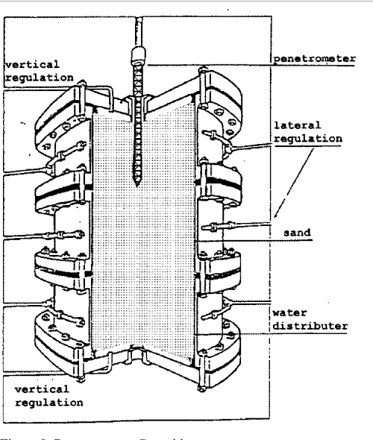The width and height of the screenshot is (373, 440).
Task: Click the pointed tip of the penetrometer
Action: click(x=140, y=183)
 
